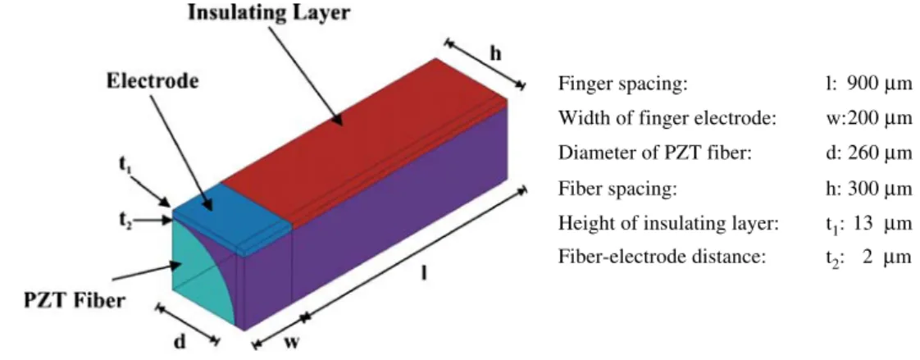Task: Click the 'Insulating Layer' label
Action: click(x=269, y=13)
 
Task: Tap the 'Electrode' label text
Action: click(x=153, y=81)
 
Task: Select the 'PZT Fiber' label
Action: click(x=75, y=301)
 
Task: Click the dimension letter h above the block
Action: click(x=496, y=53)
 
